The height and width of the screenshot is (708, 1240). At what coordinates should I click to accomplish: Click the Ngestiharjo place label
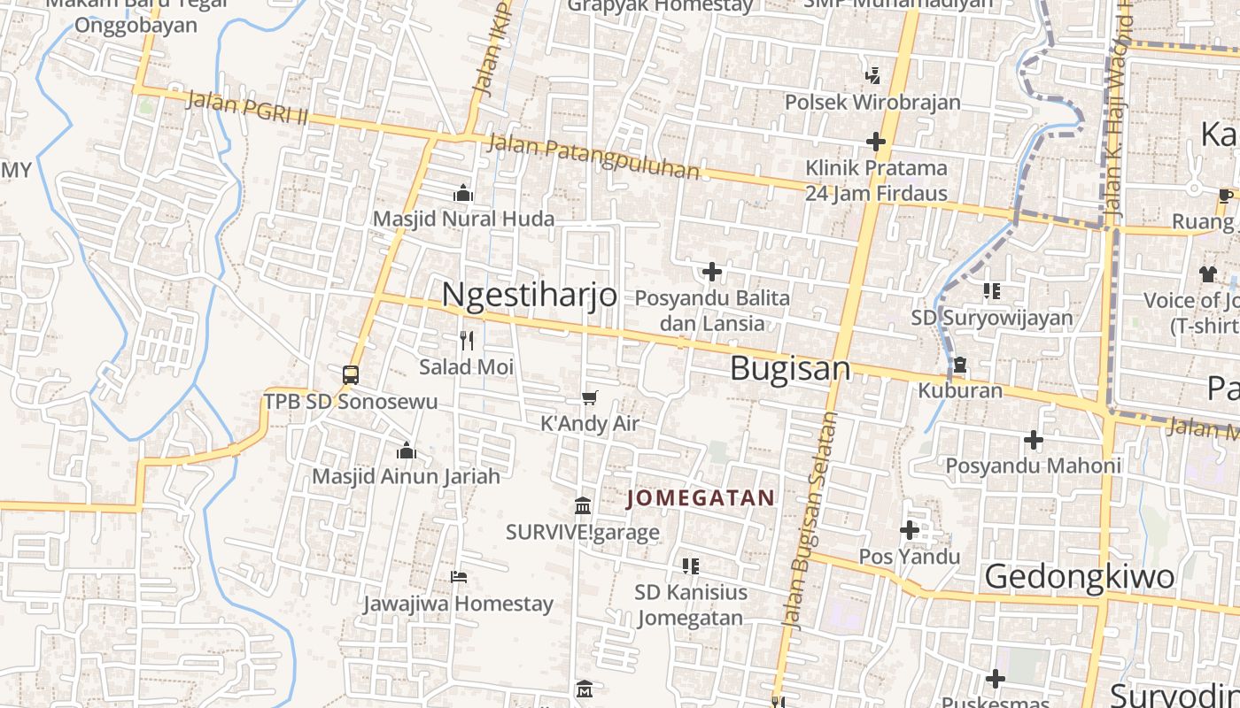click(x=530, y=295)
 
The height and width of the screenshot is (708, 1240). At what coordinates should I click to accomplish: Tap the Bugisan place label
click(x=790, y=369)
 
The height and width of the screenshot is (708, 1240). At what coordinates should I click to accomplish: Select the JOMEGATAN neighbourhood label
click(x=701, y=498)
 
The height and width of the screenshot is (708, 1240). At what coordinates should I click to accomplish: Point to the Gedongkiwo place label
click(x=1080, y=576)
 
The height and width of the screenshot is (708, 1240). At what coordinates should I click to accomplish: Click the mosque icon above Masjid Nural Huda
click(x=462, y=193)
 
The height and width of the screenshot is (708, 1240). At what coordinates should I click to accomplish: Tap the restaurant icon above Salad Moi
click(x=467, y=340)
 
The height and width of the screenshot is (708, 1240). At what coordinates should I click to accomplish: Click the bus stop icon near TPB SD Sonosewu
click(x=351, y=374)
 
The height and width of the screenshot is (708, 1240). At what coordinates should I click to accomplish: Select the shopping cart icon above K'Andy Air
click(x=589, y=398)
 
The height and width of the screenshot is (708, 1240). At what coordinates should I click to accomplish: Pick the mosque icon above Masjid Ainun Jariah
click(x=407, y=451)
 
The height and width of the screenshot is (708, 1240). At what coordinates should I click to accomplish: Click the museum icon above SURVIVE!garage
click(x=583, y=506)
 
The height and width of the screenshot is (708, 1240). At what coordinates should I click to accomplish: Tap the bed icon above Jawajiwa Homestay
click(x=458, y=577)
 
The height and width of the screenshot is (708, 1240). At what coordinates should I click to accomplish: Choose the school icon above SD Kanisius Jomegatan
click(x=691, y=566)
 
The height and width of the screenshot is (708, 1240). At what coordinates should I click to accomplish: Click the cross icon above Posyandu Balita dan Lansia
click(x=711, y=272)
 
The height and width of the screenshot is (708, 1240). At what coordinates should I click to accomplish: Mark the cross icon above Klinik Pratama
click(x=876, y=142)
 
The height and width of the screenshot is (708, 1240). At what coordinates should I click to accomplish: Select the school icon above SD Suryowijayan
click(x=992, y=291)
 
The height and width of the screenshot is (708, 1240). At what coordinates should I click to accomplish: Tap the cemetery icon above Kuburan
click(x=959, y=365)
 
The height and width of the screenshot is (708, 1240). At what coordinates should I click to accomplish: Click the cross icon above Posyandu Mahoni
click(x=1033, y=439)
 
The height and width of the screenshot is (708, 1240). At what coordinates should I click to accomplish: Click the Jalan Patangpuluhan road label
click(x=593, y=156)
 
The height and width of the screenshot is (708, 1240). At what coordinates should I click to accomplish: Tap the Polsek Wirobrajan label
click(x=872, y=102)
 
